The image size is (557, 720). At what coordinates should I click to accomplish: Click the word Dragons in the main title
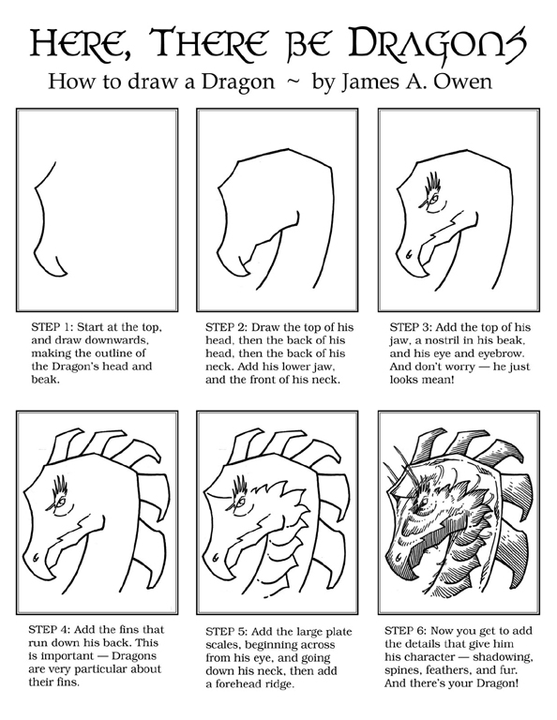[438, 43]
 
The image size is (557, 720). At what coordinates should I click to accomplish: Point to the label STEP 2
[224, 327]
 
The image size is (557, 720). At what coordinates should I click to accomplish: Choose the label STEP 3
[409, 327]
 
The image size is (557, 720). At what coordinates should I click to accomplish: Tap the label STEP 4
[48, 630]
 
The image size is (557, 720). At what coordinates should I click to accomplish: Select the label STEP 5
[224, 631]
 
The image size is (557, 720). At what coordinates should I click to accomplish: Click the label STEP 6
[403, 630]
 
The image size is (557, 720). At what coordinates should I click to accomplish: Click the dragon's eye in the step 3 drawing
[433, 200]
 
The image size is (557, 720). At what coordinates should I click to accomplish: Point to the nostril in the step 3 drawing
[408, 253]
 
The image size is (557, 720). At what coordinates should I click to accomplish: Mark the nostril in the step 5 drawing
[215, 559]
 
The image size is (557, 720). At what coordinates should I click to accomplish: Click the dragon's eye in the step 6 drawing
[423, 501]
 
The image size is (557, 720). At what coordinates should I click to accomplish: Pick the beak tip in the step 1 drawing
[67, 275]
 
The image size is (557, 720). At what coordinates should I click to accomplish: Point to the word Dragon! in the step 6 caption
[496, 682]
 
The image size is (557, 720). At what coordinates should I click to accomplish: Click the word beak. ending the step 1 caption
[45, 381]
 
